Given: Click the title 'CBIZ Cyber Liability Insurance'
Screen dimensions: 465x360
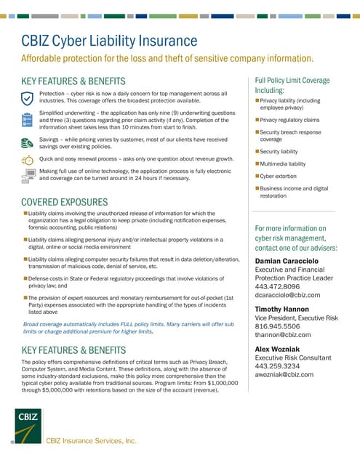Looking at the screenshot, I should point(109,41).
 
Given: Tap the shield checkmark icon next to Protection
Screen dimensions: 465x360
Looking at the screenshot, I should point(28,98).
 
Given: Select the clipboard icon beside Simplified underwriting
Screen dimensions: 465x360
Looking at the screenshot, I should point(28,119).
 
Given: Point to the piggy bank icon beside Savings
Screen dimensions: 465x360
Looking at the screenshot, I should point(28,141).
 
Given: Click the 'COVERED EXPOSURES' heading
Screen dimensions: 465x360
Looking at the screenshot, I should point(65,201).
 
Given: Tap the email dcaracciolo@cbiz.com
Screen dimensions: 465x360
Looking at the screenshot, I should point(287,295).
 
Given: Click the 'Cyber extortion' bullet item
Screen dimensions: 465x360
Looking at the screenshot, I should point(281,177).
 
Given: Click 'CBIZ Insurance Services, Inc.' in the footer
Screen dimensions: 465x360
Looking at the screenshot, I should point(92,440).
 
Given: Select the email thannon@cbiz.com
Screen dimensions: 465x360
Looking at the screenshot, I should point(283,335).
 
